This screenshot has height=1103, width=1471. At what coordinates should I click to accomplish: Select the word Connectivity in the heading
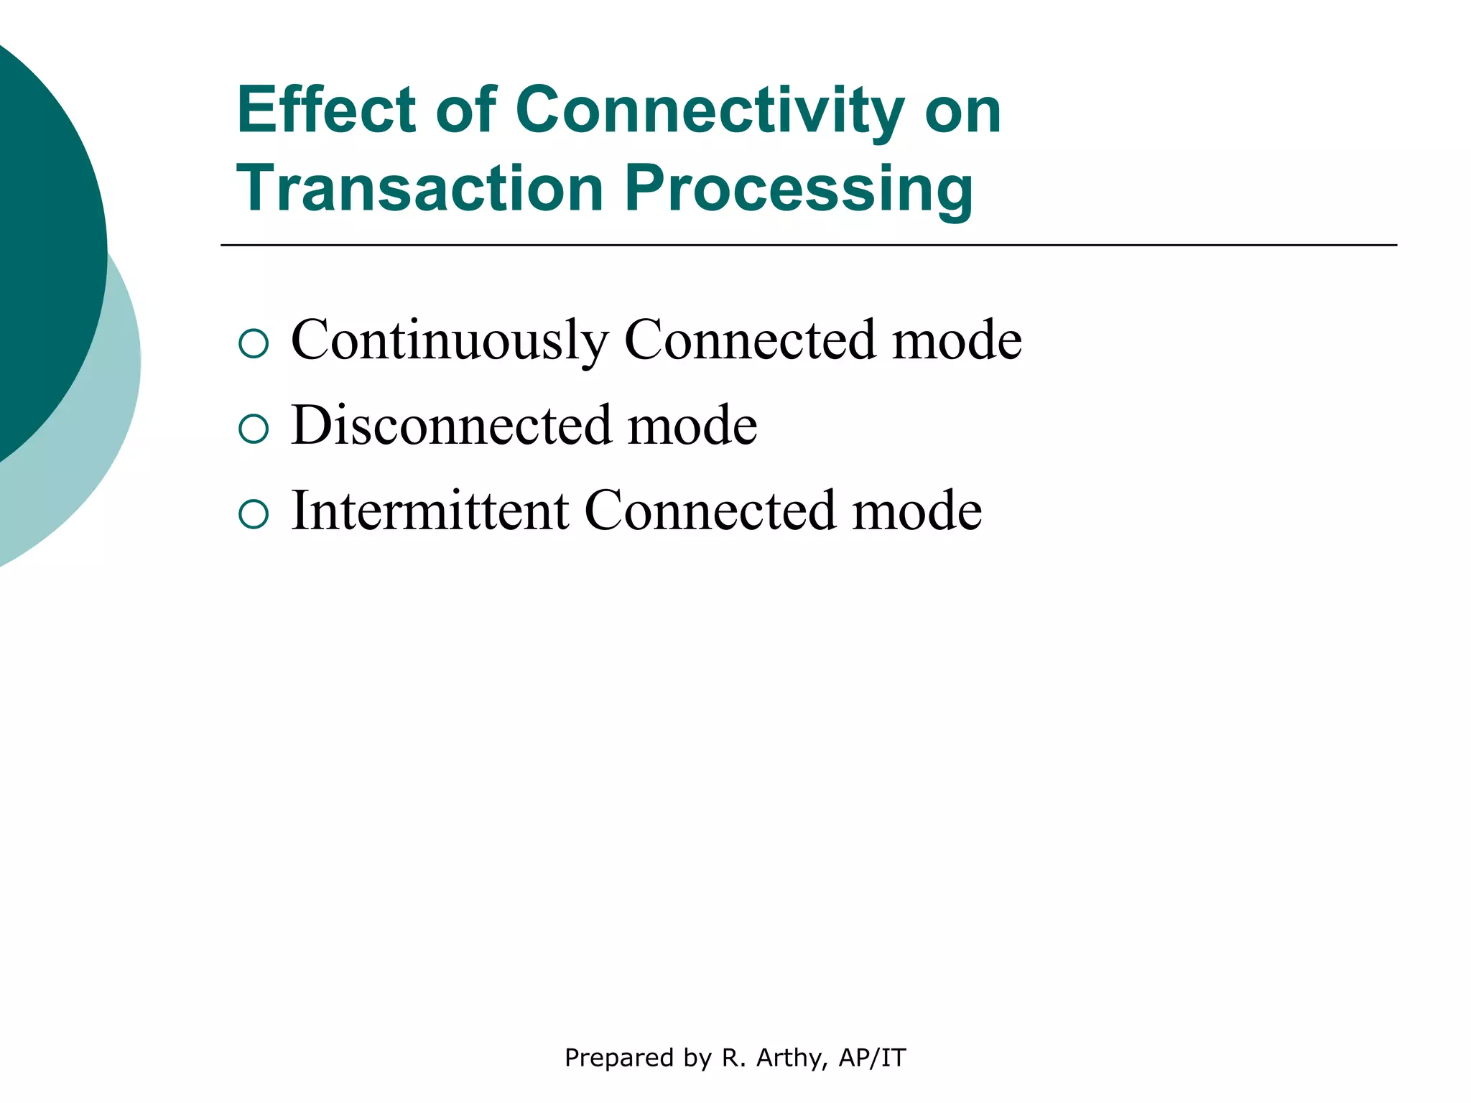[x=709, y=112]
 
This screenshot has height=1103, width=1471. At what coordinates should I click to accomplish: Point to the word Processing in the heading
[x=799, y=190]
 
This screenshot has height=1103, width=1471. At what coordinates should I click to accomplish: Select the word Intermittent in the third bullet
[x=430, y=511]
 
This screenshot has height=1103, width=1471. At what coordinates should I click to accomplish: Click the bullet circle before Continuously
[x=254, y=344]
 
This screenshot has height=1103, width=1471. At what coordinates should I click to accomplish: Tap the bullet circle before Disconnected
[x=254, y=429]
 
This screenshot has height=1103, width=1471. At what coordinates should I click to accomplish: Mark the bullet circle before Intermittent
[x=254, y=514]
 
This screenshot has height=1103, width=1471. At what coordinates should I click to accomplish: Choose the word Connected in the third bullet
[x=710, y=511]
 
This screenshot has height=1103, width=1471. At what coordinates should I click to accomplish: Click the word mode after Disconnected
[x=692, y=425]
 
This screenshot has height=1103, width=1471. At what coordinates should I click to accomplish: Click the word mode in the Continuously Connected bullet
[x=957, y=340]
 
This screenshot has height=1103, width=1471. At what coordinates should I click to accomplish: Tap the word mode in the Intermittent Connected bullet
[x=917, y=511]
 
